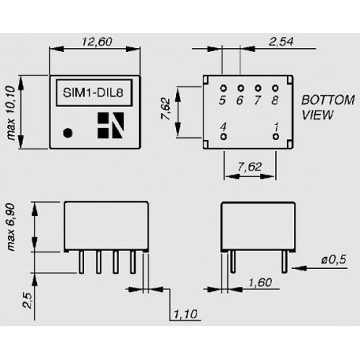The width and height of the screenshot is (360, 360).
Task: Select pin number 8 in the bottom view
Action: (274, 101)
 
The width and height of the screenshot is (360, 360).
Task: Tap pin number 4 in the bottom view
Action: (224, 127)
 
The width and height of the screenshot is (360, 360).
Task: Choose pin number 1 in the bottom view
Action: (274, 127)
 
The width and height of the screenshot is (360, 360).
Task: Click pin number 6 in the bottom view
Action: (241, 101)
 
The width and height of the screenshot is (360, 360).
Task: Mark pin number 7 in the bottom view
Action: (258, 101)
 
